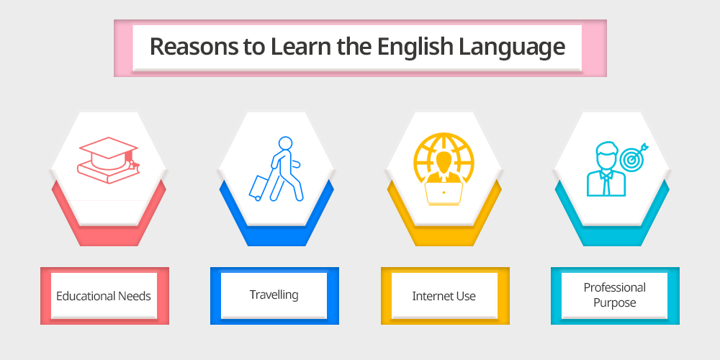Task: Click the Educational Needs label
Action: point(103,296)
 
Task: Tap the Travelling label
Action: point(274,295)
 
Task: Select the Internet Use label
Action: point(444,296)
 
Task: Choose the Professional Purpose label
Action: point(614,295)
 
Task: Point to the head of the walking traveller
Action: point(285,143)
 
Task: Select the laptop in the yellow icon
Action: point(443,193)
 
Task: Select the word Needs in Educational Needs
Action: point(135,296)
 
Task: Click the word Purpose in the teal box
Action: point(614,303)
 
